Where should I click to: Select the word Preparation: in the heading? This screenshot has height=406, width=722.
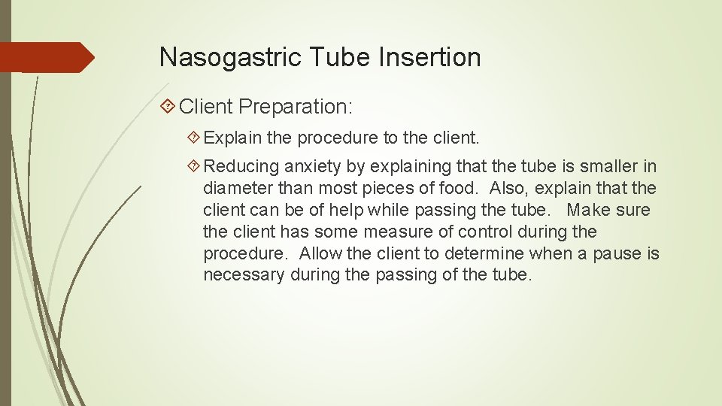[x=296, y=107]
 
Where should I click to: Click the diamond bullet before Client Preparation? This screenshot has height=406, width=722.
[x=169, y=107]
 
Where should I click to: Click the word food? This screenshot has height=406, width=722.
[x=460, y=188]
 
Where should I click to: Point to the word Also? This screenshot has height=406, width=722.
[x=509, y=188]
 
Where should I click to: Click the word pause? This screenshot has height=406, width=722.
[x=614, y=253]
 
